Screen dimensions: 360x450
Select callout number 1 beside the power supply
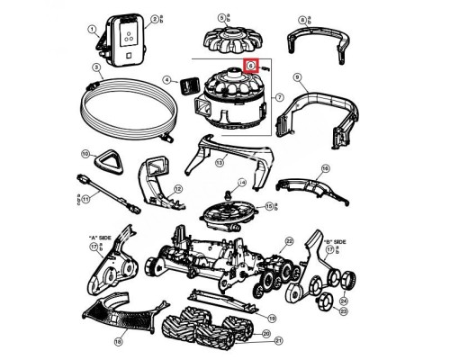91,29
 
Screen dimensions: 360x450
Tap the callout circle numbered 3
94,67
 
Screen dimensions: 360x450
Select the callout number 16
325,168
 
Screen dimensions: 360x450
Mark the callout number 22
289,241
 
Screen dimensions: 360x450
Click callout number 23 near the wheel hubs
343,310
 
